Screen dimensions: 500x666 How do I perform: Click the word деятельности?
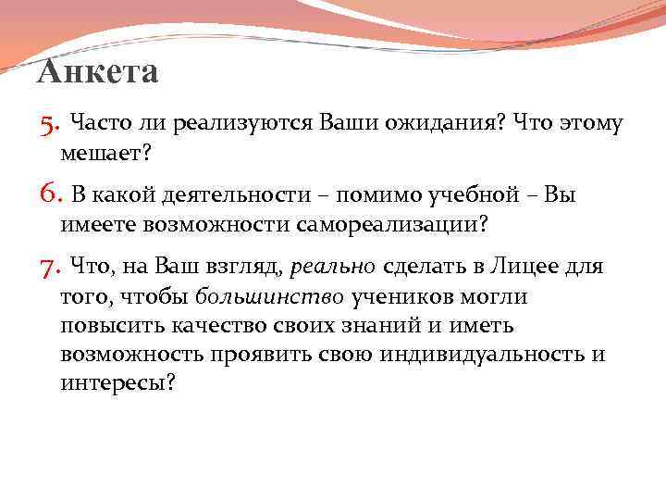(240, 195)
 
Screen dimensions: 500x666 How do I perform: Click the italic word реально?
(333, 269)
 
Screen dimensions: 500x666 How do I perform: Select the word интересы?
(117, 384)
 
